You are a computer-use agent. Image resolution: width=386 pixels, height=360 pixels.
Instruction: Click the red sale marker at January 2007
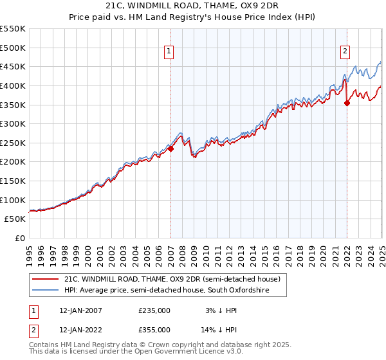pyautogui.click(x=171, y=148)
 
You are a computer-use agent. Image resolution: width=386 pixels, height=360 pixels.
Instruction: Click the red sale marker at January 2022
pyautogui.click(x=347, y=103)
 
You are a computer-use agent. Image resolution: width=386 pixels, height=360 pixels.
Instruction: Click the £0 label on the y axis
pyautogui.click(x=19, y=238)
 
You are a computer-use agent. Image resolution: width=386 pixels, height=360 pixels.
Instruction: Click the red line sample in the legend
pyautogui.click(x=45, y=280)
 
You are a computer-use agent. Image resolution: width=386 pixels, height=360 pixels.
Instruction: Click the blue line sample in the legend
pyautogui.click(x=45, y=291)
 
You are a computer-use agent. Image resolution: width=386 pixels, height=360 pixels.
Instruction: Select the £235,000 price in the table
pyautogui.click(x=154, y=310)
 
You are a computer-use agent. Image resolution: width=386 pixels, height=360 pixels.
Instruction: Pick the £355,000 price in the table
pyautogui.click(x=154, y=329)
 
